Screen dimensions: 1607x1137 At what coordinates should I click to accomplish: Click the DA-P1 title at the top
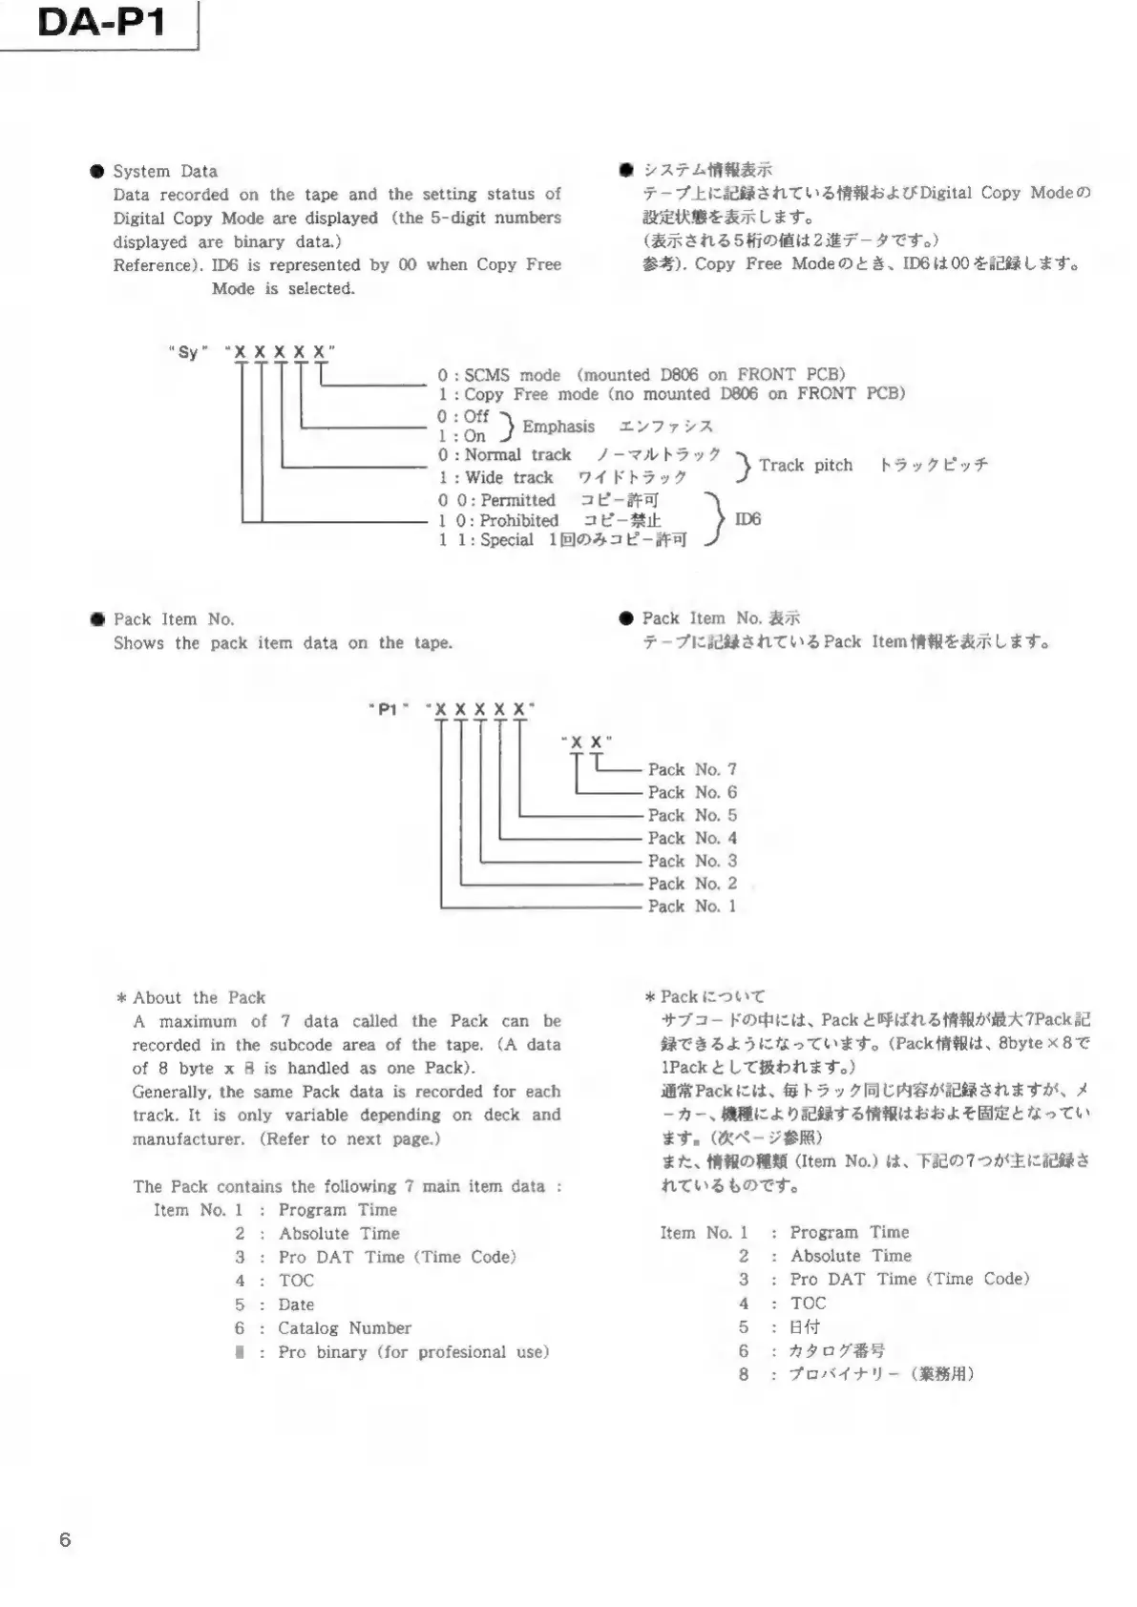click(101, 22)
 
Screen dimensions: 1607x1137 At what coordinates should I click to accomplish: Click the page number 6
click(65, 1539)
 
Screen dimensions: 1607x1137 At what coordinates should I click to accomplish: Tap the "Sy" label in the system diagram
click(189, 352)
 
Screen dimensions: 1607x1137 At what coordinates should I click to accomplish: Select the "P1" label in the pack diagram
click(389, 710)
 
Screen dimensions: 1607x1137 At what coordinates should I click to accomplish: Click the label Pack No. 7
click(692, 769)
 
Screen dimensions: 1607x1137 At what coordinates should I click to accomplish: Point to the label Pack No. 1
click(692, 907)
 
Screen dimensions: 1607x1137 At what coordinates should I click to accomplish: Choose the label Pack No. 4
click(692, 838)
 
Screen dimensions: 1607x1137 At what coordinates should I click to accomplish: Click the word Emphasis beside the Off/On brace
click(558, 427)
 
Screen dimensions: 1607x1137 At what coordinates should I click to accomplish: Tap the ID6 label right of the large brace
click(747, 519)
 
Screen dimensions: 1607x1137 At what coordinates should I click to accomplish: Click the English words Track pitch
click(806, 465)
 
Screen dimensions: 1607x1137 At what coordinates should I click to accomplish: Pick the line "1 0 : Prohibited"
click(499, 520)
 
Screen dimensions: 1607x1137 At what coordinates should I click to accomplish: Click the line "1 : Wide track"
click(496, 477)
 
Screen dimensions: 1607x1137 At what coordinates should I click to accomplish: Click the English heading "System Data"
click(165, 171)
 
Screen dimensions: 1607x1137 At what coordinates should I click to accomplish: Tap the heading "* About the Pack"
click(191, 997)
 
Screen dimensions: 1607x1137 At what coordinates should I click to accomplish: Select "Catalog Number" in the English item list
click(345, 1327)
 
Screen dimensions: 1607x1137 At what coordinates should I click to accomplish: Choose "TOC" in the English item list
click(296, 1281)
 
